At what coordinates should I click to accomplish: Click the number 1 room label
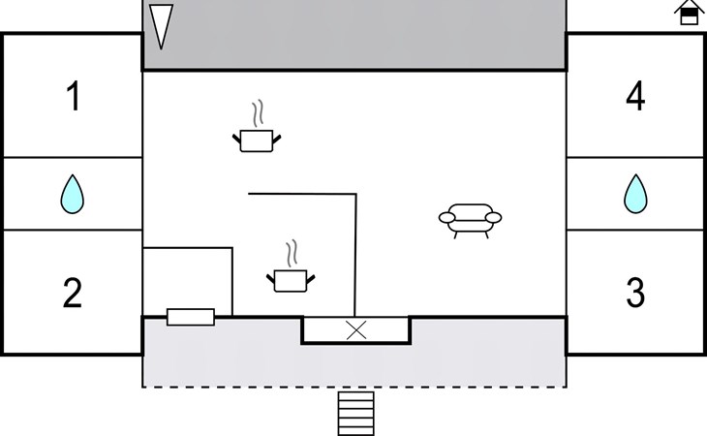coord(74,96)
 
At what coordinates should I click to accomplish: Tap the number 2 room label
coord(72,293)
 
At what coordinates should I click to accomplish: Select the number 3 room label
coord(635,293)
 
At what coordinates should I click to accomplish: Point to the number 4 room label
coord(635,96)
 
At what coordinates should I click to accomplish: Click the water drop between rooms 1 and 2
coord(72,195)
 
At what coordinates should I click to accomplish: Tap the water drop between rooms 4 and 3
coord(635,194)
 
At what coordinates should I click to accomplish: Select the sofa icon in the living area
coord(471,221)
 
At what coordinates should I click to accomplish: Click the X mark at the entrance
coord(356,330)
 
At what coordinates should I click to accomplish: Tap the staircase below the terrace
coord(356,414)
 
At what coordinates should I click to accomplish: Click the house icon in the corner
coord(689,13)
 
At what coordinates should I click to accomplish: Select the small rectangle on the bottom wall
coord(191,317)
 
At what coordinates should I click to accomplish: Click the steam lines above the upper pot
coord(258,113)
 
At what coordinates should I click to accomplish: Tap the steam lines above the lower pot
coord(292,253)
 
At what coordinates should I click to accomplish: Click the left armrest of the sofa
coord(446,218)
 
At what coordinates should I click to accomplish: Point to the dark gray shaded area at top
coord(354,34)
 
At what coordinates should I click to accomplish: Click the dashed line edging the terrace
coord(354,387)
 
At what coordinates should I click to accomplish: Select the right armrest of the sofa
coord(494,218)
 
